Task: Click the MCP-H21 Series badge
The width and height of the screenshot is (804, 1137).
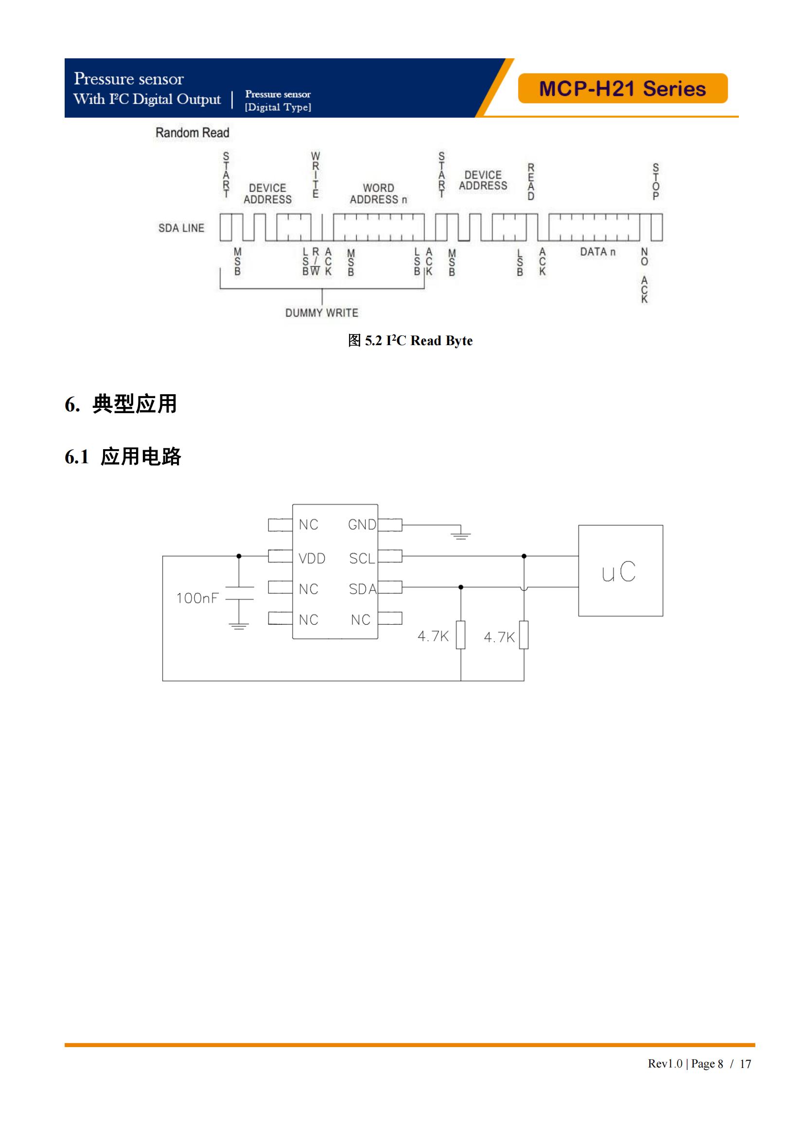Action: tap(622, 88)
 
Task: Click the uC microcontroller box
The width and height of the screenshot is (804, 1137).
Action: tap(620, 571)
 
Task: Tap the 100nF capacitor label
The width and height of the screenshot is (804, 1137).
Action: tap(197, 598)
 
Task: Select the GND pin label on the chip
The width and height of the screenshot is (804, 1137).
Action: tap(362, 525)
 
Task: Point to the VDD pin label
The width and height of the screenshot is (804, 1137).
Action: tap(312, 559)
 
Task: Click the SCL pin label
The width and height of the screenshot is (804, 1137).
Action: tap(362, 559)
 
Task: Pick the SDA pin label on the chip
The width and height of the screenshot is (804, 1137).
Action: tap(363, 589)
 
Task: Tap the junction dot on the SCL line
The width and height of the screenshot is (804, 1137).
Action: tap(524, 556)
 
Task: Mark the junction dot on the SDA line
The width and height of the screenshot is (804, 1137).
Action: tap(461, 587)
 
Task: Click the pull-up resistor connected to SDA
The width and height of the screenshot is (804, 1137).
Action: tap(461, 634)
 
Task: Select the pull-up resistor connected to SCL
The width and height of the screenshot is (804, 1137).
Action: tap(524, 634)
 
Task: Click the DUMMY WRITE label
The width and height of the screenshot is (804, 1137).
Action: tap(322, 313)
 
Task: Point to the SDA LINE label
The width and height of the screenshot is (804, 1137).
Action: tap(181, 228)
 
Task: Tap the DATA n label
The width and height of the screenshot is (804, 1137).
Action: tap(597, 252)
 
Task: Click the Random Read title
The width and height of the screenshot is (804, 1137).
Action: tap(192, 133)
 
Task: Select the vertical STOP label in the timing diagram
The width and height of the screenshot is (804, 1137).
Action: tap(656, 181)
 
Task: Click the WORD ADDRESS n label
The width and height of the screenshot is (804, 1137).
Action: tap(378, 193)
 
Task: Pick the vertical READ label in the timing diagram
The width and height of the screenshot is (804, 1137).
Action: tap(531, 181)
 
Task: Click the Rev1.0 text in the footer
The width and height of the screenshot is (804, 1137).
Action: tap(665, 1064)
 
